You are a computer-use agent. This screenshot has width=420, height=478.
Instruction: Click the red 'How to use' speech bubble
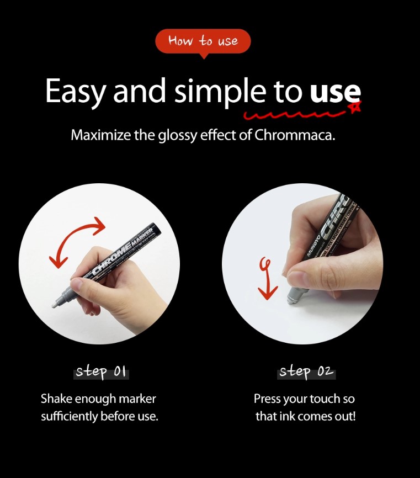point(203,41)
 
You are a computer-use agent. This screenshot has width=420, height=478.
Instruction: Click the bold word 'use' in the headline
point(335,91)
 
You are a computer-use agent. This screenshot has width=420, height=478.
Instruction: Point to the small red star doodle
point(355,107)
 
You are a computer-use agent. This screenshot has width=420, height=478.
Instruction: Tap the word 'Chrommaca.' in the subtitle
point(294,135)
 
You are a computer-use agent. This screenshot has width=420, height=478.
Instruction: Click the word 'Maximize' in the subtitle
point(101,135)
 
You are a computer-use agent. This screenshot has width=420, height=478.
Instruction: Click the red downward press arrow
point(267,279)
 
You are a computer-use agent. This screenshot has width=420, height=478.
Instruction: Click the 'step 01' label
point(101,372)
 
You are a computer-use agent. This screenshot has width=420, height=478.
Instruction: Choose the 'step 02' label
point(306,372)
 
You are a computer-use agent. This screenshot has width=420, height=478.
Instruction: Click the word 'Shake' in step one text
point(56,399)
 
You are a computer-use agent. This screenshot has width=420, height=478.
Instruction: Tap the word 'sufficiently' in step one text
point(69,416)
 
